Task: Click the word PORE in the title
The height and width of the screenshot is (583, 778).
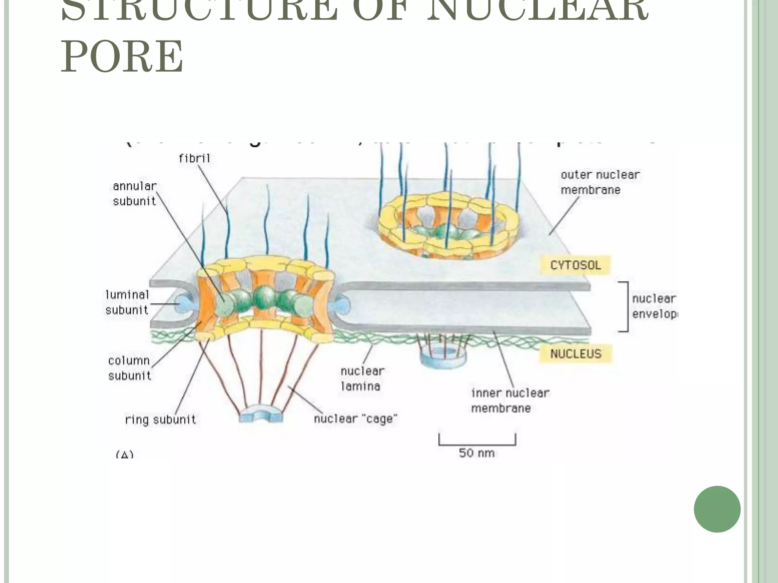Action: pos(122,57)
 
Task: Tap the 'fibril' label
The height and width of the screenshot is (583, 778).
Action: pos(194,158)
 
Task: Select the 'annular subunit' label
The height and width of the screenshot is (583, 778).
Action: pos(134,194)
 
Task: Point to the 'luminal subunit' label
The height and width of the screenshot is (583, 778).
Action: pos(127,302)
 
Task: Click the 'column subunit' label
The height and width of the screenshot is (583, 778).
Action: pos(129,368)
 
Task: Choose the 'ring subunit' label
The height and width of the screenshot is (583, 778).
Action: pos(160,420)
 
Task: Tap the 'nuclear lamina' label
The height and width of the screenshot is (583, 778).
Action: pos(362,378)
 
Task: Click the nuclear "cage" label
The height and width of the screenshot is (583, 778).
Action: pos(356,419)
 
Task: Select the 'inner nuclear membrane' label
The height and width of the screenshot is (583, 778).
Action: pos(510,400)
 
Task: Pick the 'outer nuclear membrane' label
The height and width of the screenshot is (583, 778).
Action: pos(600,182)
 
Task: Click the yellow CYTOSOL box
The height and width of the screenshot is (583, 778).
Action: pos(575,265)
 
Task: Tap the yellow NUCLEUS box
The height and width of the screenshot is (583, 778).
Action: pos(576,354)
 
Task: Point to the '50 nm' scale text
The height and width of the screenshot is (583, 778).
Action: pos(476,453)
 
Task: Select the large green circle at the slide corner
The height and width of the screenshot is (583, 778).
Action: pos(717,509)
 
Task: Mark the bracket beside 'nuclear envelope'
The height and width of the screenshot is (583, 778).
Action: pos(625,307)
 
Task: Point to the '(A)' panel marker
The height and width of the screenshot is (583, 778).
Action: pos(125,454)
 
